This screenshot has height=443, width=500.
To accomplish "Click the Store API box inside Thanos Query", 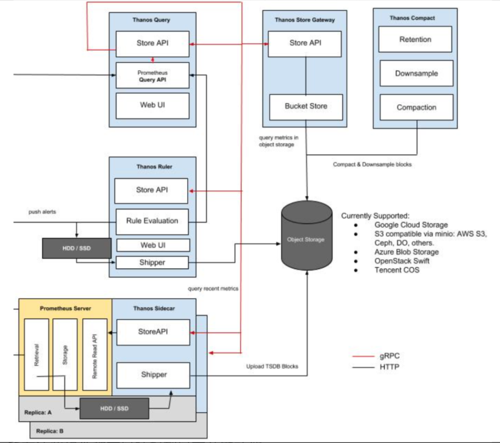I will pos(152,44).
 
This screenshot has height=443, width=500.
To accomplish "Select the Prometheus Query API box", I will pos(152,75).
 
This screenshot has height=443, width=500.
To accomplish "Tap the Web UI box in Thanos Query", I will pos(152,105).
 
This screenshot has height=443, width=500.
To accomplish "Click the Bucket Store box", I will pos(306,106).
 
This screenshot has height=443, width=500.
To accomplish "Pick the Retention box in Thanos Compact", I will pos(415,39).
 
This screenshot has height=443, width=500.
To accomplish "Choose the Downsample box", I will pos(416,73).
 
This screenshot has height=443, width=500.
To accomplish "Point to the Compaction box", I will pos(416,107).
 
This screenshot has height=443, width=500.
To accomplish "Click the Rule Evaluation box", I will pos(152,221).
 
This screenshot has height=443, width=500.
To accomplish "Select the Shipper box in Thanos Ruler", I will pos(152,262).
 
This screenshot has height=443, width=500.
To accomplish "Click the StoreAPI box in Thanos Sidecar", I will pos(153,332).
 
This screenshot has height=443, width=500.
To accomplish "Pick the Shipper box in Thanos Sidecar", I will pos(153,374).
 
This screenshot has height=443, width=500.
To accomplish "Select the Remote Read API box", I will pos(94,354).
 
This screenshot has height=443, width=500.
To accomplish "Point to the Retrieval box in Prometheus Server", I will pos(36,354).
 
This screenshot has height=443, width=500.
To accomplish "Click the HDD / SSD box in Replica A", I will pos(114,408).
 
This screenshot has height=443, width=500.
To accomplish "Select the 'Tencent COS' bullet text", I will pos(397,270).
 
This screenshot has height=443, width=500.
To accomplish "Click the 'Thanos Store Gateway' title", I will pos(305,20).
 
